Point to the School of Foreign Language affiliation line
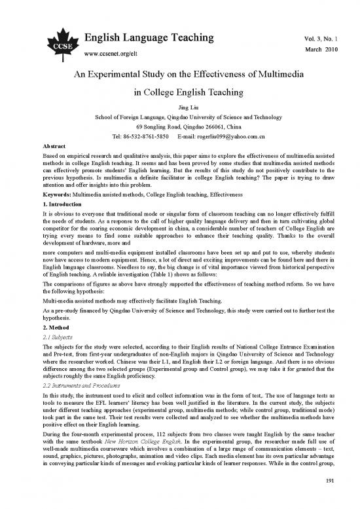[179, 118]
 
